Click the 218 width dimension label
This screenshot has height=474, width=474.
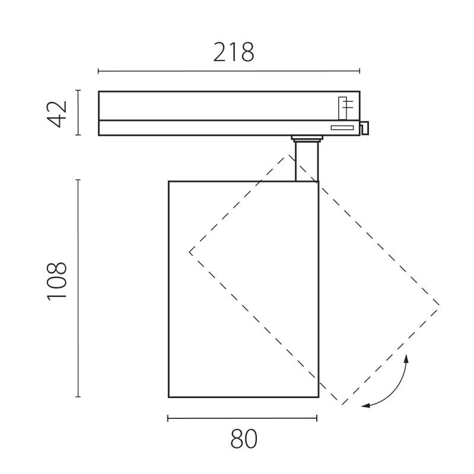tap(233, 53)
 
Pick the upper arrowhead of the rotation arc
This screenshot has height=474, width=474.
tap(407, 358)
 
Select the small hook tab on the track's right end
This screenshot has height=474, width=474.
tap(364, 127)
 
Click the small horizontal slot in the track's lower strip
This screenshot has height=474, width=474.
tap(342, 127)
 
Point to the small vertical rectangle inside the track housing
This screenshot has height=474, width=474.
tap(342, 107)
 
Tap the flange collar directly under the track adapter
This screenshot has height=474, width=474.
tap(306, 139)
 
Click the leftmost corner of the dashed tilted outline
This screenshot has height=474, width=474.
tap(190, 252)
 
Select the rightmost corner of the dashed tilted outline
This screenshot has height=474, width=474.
tap(439, 305)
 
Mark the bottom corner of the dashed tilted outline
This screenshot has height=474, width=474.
tap(342, 405)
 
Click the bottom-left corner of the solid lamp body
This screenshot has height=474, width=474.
tap(169, 396)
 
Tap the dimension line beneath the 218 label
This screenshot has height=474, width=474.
tap(228, 72)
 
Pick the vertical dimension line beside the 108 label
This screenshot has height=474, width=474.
tap(78, 288)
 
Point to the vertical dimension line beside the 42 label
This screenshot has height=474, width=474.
tap(78, 113)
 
